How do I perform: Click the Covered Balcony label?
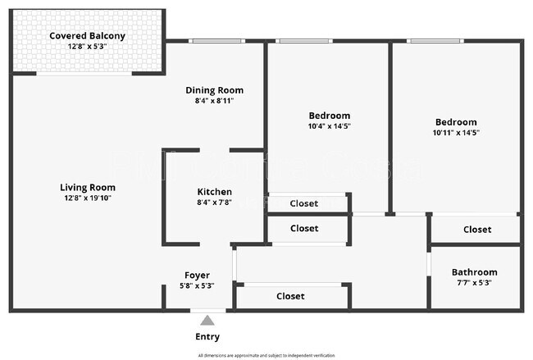point(87,36)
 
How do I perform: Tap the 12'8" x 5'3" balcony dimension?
point(87,47)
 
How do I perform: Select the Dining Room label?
point(214,90)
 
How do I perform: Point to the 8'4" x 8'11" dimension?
point(214,101)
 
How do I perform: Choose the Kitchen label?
point(214,192)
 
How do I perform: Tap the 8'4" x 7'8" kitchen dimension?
point(214,203)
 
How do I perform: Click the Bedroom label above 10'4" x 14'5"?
point(329,116)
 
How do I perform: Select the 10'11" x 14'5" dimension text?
point(456,133)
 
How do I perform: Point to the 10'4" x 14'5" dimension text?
point(329,126)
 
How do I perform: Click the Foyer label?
point(197,276)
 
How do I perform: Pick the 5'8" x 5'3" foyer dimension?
point(197,286)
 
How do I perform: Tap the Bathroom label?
point(474,272)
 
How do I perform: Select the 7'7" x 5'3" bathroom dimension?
point(474,283)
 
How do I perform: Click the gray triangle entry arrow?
point(207,321)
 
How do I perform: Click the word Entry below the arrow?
point(207,336)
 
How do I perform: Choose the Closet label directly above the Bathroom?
point(477,230)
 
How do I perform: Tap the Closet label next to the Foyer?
point(290,296)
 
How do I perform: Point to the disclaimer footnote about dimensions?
point(266,355)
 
